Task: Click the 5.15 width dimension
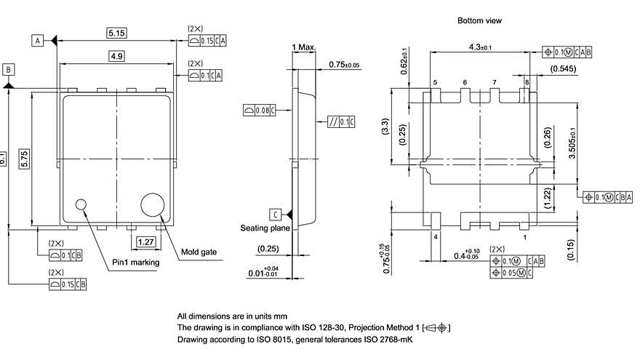[116, 33]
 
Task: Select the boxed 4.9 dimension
[116, 56]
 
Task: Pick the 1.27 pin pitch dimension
[145, 241]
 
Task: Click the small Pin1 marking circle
[81, 205]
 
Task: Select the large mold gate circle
[153, 204]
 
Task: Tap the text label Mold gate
[199, 252]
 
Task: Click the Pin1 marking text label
[135, 262]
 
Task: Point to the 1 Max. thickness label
[304, 48]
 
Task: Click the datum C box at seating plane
[276, 214]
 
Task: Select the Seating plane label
[265, 228]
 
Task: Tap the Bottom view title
[479, 21]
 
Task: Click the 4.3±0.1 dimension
[480, 47]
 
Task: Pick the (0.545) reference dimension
[564, 69]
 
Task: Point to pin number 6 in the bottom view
[465, 83]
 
